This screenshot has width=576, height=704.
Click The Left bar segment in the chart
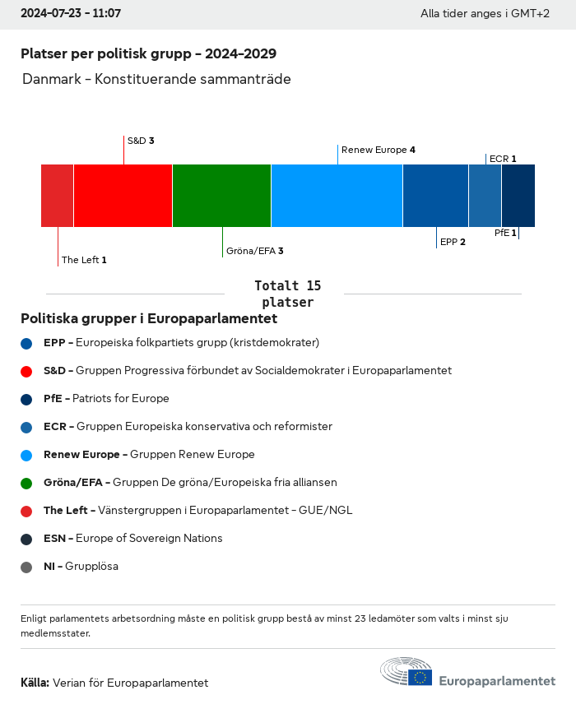pyautogui.click(x=58, y=196)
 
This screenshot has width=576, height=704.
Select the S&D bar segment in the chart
pyautogui.click(x=123, y=196)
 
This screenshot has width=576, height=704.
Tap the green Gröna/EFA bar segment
pyautogui.click(x=222, y=196)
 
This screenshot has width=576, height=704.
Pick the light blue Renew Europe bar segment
pyautogui.click(x=337, y=196)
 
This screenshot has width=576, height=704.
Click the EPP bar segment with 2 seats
pyautogui.click(x=436, y=196)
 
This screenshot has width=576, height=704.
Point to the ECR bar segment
pyautogui.click(x=485, y=196)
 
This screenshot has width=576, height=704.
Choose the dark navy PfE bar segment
pyautogui.click(x=518, y=196)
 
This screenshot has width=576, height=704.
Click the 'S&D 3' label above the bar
pyautogui.click(x=141, y=141)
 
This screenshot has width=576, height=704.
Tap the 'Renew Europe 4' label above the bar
pyautogui.click(x=379, y=150)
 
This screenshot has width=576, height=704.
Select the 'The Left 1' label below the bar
pyautogui.click(x=84, y=260)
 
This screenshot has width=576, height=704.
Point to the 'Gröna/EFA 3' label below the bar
pyautogui.click(x=255, y=251)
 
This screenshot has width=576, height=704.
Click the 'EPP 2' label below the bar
pyautogui.click(x=453, y=242)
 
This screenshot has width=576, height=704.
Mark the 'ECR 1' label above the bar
pyautogui.click(x=503, y=159)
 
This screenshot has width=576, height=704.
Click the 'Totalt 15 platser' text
pyautogui.click(x=287, y=294)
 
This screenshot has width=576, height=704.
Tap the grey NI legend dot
pyautogui.click(x=26, y=567)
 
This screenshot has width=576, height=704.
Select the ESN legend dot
pyautogui.click(x=26, y=539)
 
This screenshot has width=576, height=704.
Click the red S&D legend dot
pyautogui.click(x=26, y=371)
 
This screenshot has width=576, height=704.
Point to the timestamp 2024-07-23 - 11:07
pyautogui.click(x=71, y=14)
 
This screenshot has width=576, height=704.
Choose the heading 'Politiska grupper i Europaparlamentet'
pyautogui.click(x=149, y=318)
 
